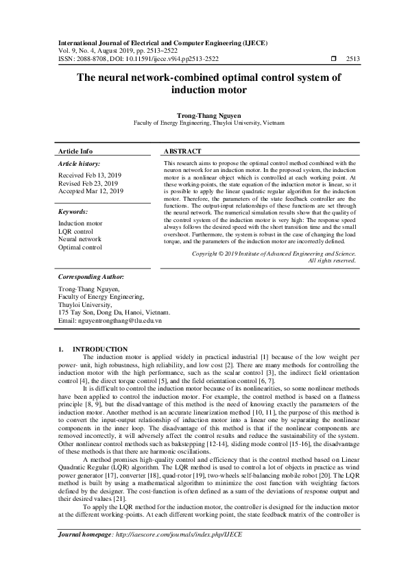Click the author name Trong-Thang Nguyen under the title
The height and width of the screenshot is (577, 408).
[204, 116]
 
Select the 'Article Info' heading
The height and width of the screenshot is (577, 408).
[75, 151]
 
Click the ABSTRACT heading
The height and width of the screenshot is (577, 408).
[182, 151]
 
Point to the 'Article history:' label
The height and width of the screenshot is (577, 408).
[79, 164]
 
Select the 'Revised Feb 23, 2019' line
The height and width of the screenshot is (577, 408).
[87, 184]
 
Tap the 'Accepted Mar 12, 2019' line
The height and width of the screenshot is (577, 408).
[90, 192]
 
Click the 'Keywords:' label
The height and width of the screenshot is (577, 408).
[73, 212]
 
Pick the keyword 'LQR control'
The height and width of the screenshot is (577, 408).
[77, 232]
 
